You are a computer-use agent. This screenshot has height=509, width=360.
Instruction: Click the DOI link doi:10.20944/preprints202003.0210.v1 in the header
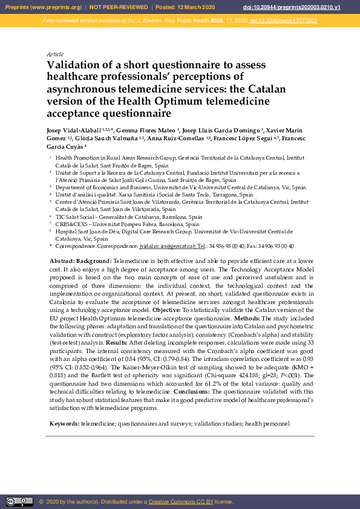point(309,7)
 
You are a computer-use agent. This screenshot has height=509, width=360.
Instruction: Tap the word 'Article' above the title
point(54,54)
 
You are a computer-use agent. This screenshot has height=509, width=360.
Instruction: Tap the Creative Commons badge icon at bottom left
point(19,501)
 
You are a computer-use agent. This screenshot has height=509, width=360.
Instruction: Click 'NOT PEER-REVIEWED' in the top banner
point(119,7)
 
